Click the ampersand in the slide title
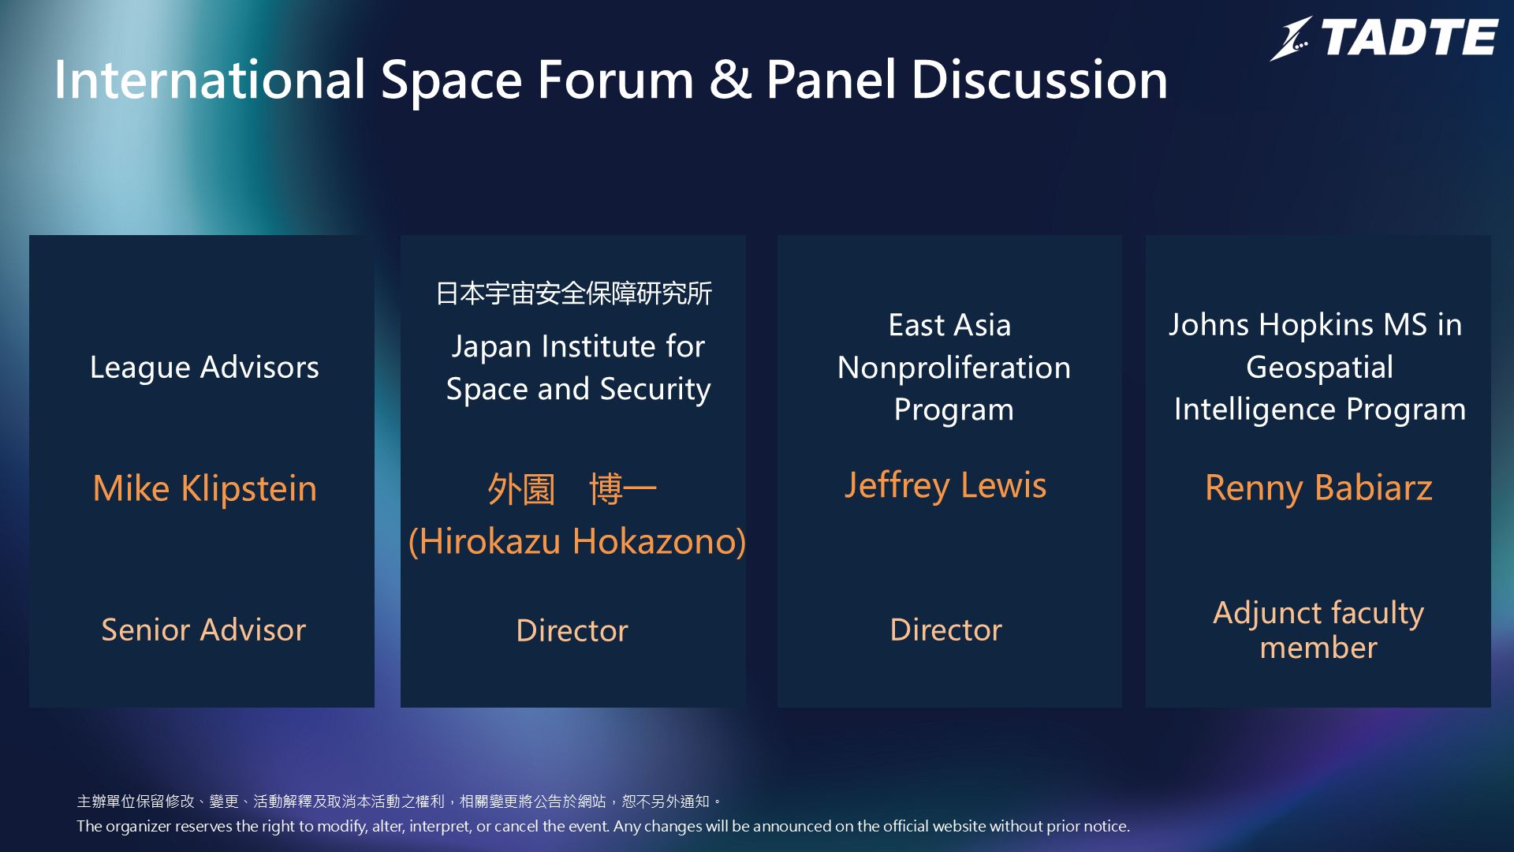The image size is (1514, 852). tap(730, 80)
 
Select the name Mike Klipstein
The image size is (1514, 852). tap(205, 488)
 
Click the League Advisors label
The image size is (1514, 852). tap(204, 368)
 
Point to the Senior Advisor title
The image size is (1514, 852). tap(203, 630)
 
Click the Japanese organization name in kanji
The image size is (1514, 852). tap(574, 293)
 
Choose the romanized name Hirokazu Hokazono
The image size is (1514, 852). tap(577, 542)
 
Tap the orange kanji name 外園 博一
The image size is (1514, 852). tap(572, 489)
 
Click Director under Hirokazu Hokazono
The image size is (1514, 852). tap(572, 630)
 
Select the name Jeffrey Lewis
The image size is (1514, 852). tap(945, 486)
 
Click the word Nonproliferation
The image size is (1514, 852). tap(954, 368)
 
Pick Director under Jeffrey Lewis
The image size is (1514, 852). tap(945, 630)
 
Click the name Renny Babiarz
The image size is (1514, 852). tap(1318, 488)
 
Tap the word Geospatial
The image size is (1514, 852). tap(1319, 368)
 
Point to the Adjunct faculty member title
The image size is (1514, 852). tap(1318, 630)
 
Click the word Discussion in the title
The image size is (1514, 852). tap(1039, 80)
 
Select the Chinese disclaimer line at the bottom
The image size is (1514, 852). tap(399, 802)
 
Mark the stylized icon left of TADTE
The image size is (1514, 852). tap(1291, 39)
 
